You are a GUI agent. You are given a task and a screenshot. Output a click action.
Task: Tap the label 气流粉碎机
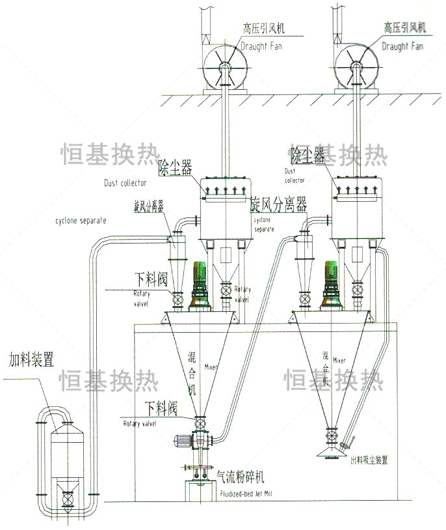pos(241,477)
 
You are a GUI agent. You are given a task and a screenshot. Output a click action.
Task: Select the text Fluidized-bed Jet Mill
pos(245,494)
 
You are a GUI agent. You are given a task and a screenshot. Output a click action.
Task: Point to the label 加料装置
pos(30,359)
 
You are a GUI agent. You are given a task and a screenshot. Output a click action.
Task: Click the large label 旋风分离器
pos(278,206)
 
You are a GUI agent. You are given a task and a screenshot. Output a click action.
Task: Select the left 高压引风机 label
pos(264,29)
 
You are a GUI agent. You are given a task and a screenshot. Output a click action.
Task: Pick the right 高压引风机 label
pos(404,28)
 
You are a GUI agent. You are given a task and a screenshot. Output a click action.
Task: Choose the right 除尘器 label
pos(307,155)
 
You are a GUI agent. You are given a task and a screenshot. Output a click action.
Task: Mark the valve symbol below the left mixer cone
pos(200,424)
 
